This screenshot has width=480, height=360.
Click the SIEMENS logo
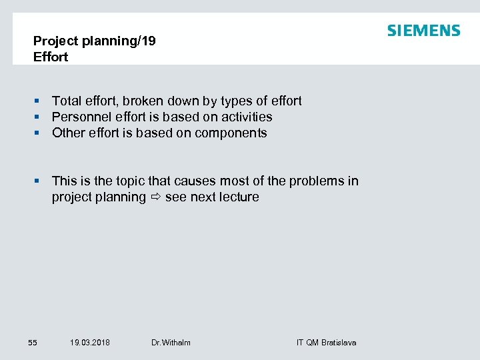point(423,31)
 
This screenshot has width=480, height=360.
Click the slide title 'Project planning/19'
point(94,41)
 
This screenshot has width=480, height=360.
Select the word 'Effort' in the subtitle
point(51,57)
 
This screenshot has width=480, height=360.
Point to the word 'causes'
point(195,181)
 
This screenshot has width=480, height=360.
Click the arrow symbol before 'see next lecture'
point(155,197)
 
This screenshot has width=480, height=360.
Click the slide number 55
point(33,343)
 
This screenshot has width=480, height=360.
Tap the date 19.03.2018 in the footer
point(90,343)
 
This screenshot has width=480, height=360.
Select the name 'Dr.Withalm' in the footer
point(171,343)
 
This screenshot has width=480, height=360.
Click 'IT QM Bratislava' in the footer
point(326,343)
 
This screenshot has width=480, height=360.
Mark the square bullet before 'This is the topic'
point(38,181)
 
